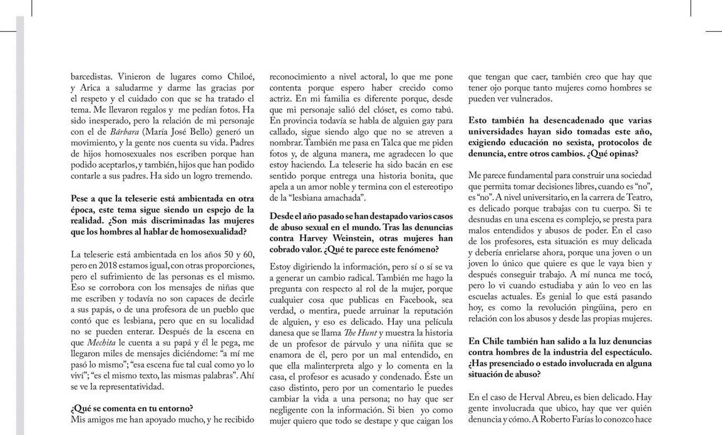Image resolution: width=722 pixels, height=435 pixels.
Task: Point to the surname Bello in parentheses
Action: [x=203, y=132]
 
